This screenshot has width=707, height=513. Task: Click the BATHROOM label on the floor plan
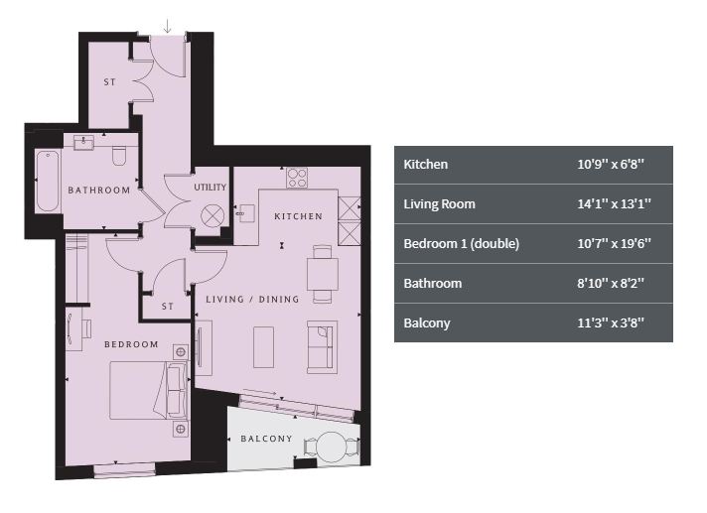pos(98,191)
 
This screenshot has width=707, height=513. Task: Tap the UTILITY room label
pos(211,187)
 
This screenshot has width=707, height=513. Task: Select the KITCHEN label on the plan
pos(299,216)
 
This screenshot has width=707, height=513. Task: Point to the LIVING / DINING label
pos(252,299)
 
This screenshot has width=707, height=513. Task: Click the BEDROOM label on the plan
pos(131,344)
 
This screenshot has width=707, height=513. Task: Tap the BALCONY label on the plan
pos(266,439)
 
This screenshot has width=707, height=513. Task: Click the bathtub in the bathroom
pos(48,182)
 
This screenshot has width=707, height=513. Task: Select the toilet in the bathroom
pos(119,156)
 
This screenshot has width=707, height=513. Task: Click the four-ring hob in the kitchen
pos(297,178)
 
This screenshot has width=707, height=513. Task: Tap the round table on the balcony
pos(331,448)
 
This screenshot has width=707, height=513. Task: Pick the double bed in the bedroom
pos(149,391)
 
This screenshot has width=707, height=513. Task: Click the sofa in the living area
pos(322,347)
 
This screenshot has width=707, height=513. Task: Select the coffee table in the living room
pos(263,347)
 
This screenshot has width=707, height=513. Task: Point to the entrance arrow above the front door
pos(168,26)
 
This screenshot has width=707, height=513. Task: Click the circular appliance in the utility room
pos(212,215)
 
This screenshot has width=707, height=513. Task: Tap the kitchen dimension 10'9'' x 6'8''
pos(611,165)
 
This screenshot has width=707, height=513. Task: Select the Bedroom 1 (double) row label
pos(462,244)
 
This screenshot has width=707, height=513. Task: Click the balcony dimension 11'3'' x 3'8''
pos(611,322)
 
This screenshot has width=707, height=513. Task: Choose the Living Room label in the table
pos(439,204)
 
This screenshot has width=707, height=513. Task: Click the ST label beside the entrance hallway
pos(109,82)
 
